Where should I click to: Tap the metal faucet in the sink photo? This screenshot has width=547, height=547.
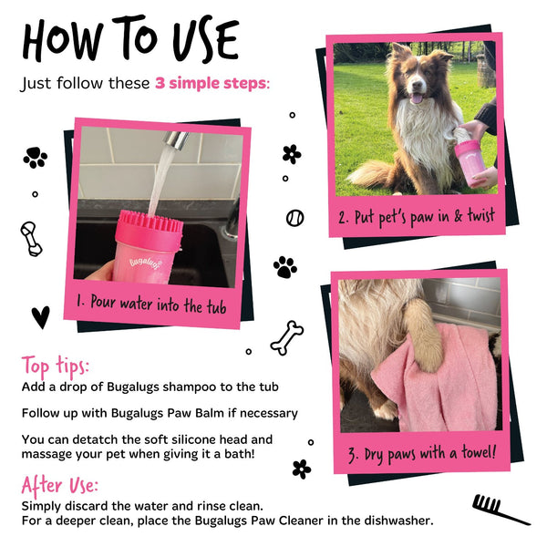[x=176, y=140]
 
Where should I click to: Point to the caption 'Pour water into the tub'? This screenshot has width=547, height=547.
[x=154, y=303]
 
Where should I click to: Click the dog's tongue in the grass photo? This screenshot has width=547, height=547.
[x=416, y=98]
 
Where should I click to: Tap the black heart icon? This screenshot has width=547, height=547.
[x=40, y=316]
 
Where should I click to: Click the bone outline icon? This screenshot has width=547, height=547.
[x=286, y=336]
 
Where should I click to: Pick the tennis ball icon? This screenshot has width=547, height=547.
[x=294, y=218]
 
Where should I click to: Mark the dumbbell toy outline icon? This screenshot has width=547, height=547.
[x=30, y=239]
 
